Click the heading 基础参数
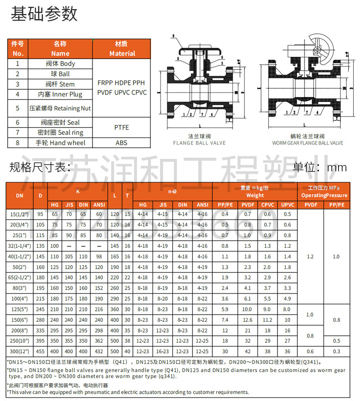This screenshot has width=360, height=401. click(x=44, y=14)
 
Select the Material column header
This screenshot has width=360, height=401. click(x=122, y=49)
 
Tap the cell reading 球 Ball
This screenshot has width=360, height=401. click(x=60, y=74)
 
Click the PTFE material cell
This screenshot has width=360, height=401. click(x=122, y=128)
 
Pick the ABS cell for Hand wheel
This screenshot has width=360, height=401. click(x=122, y=143)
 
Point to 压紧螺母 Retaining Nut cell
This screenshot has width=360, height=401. click(x=60, y=108)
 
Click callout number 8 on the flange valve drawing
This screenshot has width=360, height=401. click(x=173, y=36)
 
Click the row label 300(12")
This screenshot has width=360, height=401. click(x=20, y=351)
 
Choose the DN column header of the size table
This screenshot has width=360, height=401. click(x=20, y=195)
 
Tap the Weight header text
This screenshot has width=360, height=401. click(x=255, y=195)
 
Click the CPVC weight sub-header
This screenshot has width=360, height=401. click(x=267, y=205)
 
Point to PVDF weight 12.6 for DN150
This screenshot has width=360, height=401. click(x=247, y=320)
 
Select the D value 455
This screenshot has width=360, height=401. click(x=41, y=351)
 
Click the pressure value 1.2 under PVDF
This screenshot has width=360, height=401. click(x=310, y=257)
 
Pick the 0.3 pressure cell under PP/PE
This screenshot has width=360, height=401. click(x=336, y=351)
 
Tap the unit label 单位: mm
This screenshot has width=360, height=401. click(x=320, y=167)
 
